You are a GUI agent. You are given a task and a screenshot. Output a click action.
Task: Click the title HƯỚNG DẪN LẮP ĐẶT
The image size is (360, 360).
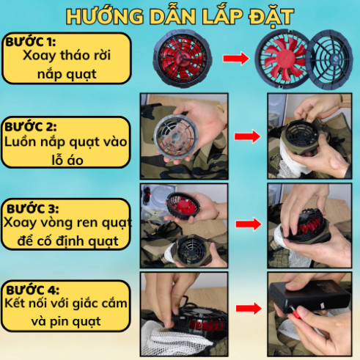point(180,17)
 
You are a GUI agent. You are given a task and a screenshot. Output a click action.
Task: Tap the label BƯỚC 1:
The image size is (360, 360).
point(30,42)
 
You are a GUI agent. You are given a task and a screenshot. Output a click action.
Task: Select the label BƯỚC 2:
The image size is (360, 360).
point(31,127)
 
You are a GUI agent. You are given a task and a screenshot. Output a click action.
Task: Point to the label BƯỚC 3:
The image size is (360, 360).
point(33,209)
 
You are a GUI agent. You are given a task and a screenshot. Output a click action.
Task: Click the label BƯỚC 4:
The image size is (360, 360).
point(33,290)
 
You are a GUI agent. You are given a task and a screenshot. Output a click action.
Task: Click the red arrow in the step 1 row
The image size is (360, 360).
point(236,59)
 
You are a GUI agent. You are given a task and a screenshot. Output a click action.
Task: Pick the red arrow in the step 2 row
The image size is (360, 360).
point(247,136)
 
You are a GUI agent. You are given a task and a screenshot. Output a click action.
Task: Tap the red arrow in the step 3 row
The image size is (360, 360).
point(249,224)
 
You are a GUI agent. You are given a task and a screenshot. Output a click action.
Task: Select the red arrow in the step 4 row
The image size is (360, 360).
point(249,308)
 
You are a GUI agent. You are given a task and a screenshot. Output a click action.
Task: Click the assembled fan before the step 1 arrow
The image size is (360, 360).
point(183,59)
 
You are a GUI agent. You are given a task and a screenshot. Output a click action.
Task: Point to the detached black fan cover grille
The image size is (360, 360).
point(329,59)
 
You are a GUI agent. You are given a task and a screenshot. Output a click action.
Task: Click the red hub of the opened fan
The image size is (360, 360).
point(284,59)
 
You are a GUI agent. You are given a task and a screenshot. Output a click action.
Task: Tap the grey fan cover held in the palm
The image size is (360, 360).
point(175,136)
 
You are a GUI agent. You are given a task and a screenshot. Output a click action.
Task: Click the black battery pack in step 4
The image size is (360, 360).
point(309,296)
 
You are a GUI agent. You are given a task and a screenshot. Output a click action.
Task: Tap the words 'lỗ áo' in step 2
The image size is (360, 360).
point(67,161)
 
